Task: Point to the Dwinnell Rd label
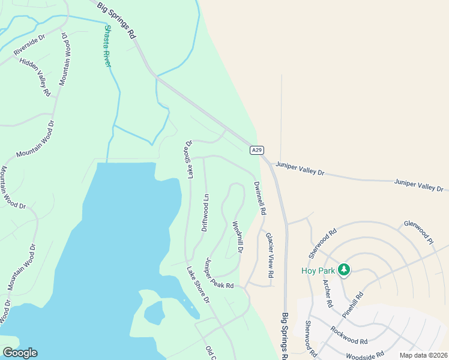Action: click(x=259, y=198)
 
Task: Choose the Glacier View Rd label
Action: click(x=270, y=254)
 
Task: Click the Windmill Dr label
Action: click(x=238, y=236)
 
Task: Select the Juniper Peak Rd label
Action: click(x=218, y=274)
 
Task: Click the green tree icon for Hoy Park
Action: click(x=344, y=269)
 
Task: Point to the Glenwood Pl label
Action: click(x=418, y=232)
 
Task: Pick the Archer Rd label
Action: click(x=328, y=293)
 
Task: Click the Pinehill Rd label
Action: click(x=354, y=305)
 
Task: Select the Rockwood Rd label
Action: click(x=348, y=335)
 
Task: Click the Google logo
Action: click(x=20, y=353)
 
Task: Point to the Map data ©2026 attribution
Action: click(x=423, y=355)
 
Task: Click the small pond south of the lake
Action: click(x=154, y=312)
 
